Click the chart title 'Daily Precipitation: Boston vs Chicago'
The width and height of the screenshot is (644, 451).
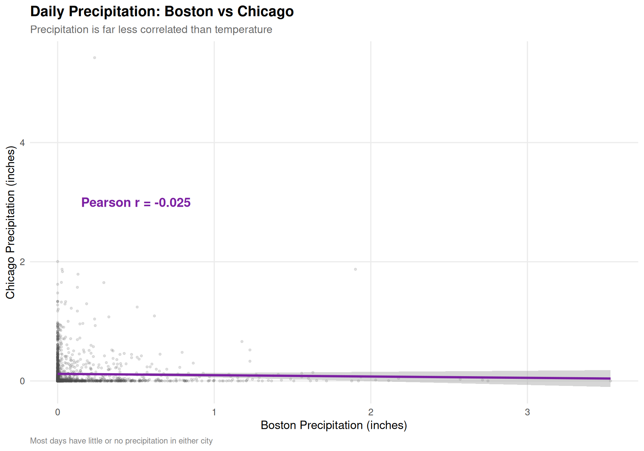click(162, 11)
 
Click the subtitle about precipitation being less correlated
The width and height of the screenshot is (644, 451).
click(151, 30)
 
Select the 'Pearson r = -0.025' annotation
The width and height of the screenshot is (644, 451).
click(136, 203)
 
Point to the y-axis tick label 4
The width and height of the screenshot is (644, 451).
click(22, 143)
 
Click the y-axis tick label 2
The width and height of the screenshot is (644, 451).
click(22, 262)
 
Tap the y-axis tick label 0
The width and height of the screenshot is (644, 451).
click(22, 381)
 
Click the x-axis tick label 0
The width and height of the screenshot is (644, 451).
click(58, 412)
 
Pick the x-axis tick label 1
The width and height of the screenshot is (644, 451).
click(214, 412)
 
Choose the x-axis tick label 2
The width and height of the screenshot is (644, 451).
click(371, 412)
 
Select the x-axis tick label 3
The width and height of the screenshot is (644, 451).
click(527, 412)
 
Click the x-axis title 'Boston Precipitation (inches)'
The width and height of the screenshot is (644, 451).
click(334, 425)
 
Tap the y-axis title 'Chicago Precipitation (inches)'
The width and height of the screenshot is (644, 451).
click(10, 222)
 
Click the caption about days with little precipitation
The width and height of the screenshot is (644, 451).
click(121, 441)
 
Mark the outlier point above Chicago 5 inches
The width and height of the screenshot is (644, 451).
click(95, 58)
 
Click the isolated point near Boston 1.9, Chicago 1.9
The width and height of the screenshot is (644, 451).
click(356, 269)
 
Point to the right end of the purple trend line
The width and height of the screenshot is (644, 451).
click(610, 379)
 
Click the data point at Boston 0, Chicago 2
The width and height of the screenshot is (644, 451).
click(58, 261)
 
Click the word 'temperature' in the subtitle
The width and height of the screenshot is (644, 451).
click(243, 30)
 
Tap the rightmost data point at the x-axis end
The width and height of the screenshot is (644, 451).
click(610, 381)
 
